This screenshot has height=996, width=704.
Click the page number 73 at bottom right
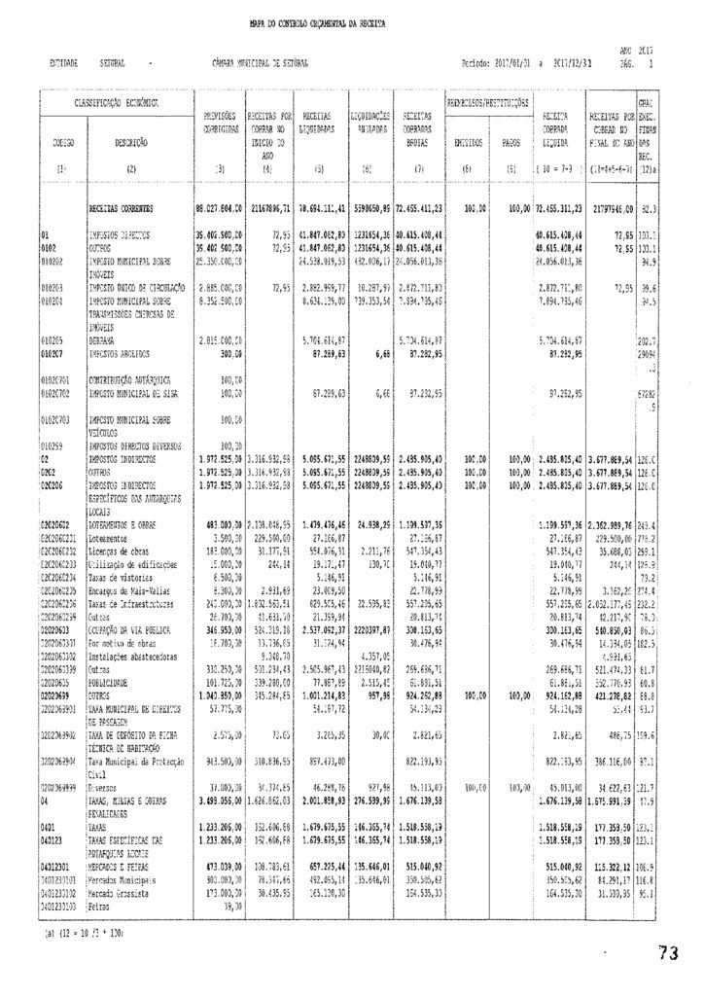[666, 952]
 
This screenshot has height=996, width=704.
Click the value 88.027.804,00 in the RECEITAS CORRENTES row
[218, 208]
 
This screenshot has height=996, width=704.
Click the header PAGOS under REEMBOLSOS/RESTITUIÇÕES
[507, 142]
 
